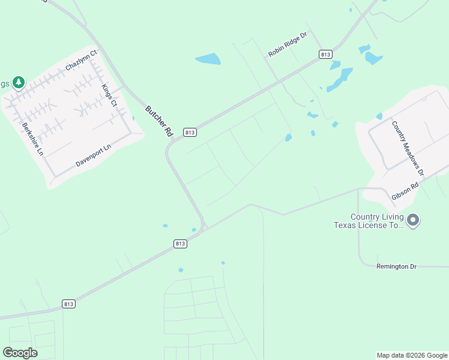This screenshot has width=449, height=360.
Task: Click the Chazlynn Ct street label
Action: (x=81, y=61)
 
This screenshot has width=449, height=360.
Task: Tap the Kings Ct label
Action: (x=109, y=95)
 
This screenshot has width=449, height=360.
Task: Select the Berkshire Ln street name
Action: (x=33, y=139)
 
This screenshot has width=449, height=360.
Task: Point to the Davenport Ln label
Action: (x=94, y=156)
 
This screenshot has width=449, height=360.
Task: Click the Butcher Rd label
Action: (x=158, y=122)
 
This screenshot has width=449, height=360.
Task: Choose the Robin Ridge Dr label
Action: (x=288, y=45)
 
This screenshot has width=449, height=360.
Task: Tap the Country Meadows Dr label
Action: (x=408, y=148)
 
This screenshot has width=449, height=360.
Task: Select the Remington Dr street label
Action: (x=396, y=266)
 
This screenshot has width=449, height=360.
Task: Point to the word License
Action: (x=377, y=225)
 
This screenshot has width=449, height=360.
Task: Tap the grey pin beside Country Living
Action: (x=413, y=220)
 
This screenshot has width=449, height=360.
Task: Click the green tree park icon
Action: (x=19, y=82)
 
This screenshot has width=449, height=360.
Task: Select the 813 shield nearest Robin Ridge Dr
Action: (x=325, y=55)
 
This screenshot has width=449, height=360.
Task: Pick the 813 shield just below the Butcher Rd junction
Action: (x=181, y=244)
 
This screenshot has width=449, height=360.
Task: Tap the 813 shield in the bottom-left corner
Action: (x=68, y=304)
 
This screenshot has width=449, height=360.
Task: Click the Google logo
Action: (x=20, y=353)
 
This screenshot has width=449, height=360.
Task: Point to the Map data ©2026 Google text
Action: (x=412, y=355)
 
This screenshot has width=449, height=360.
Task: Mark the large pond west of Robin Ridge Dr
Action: (x=208, y=59)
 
